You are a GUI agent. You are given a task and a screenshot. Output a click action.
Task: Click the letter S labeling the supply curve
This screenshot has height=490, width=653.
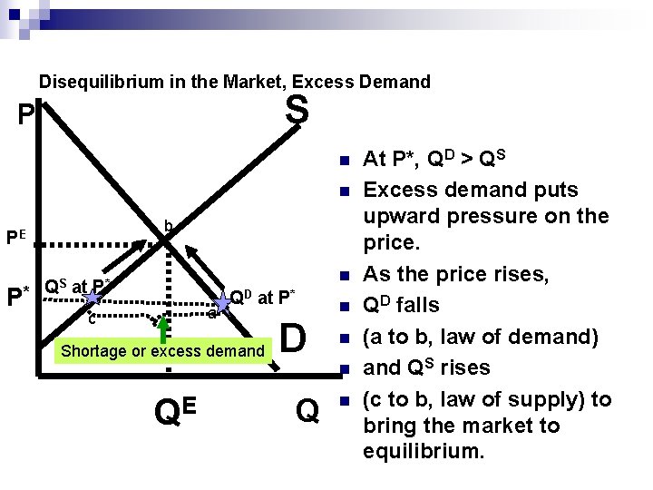click(x=297, y=112)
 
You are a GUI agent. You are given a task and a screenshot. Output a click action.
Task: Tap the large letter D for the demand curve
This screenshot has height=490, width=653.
click(x=293, y=338)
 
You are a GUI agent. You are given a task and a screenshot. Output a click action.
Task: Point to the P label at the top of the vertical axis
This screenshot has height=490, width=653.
click(x=27, y=116)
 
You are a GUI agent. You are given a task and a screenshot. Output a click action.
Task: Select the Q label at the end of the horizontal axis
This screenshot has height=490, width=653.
click(x=307, y=411)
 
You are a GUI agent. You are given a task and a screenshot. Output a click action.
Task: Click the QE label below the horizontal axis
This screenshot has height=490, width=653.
click(x=177, y=411)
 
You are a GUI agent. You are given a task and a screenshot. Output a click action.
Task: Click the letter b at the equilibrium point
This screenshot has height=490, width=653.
click(x=168, y=226)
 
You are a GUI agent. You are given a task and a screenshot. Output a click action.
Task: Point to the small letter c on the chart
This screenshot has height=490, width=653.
click(x=92, y=318)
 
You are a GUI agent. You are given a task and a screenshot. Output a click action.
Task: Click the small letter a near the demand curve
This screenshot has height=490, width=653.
click(x=211, y=314)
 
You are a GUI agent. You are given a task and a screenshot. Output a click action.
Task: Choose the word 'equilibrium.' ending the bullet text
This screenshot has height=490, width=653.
click(x=424, y=451)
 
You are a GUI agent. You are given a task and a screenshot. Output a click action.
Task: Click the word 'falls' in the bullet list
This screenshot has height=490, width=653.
click(x=418, y=305)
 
